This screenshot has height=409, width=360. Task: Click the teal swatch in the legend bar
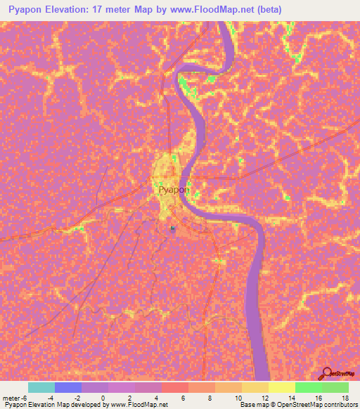(41, 387)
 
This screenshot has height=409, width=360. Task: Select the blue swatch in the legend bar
(68, 387)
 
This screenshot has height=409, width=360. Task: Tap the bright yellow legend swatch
(282, 387)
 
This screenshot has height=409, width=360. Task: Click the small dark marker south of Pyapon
(172, 228)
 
